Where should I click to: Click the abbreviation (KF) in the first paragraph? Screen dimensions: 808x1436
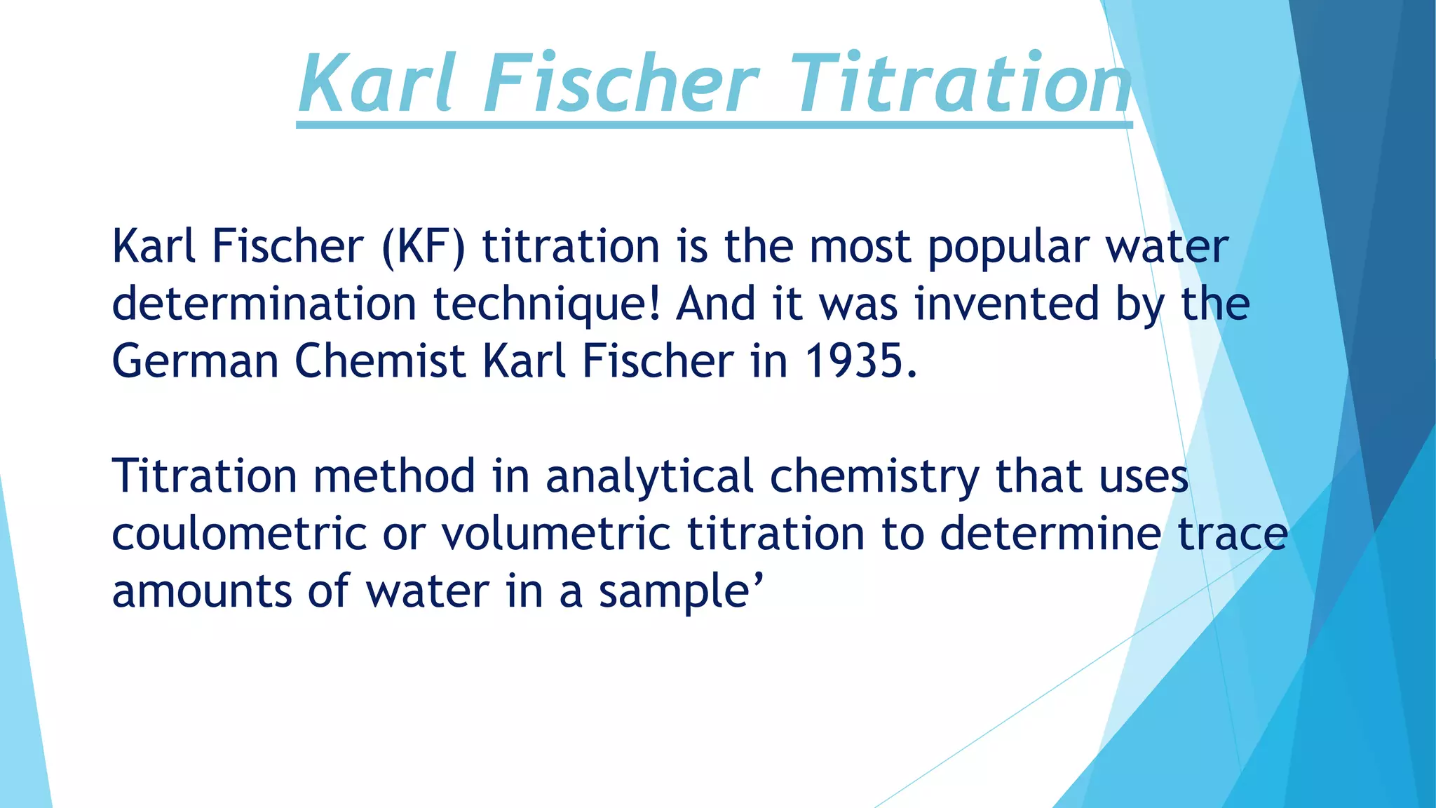click(424, 247)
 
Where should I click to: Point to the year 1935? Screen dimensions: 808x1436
click(860, 362)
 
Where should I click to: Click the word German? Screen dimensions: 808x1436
click(194, 362)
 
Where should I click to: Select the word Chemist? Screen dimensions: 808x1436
click(380, 362)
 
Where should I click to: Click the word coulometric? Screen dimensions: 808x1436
click(239, 534)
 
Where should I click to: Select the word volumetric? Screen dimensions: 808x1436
click(556, 534)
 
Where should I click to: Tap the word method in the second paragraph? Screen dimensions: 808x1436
click(394, 477)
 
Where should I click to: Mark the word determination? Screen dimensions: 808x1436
click(264, 304)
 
